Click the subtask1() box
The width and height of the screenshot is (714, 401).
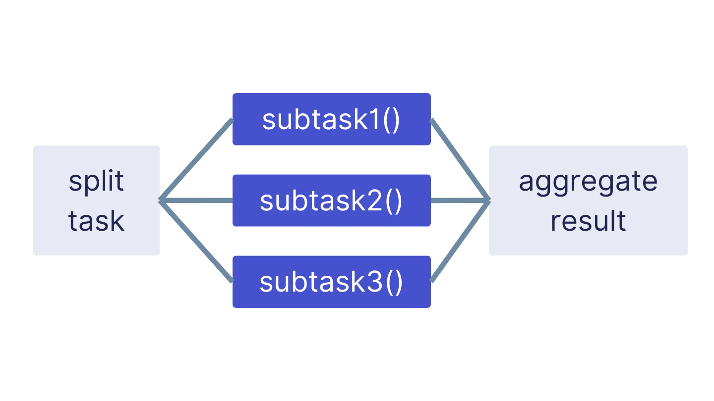tap(331, 119)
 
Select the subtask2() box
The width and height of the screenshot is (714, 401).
tap(331, 200)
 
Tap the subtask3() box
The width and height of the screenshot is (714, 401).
tap(331, 282)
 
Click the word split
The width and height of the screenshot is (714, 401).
tap(96, 181)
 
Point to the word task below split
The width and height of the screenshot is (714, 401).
tap(96, 221)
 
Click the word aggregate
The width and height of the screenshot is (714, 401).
tap(588, 181)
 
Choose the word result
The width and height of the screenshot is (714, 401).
tap(588, 221)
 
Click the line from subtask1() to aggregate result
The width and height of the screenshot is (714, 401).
tap(460, 159)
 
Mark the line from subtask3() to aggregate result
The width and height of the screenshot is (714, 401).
tap(460, 241)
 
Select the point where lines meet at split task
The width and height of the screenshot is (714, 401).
tap(161, 200)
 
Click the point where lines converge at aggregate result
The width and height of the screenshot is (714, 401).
tap(488, 200)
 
